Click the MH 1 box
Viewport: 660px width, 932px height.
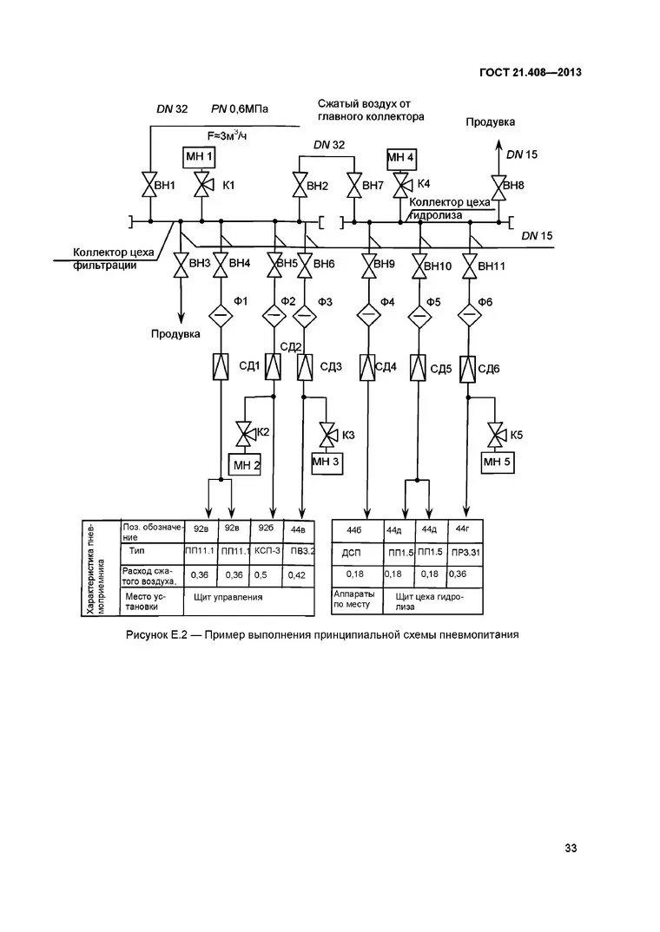(199, 158)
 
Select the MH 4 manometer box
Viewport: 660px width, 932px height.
(401, 159)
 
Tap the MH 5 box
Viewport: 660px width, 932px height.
(497, 462)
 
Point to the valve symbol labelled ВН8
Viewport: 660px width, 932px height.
(498, 186)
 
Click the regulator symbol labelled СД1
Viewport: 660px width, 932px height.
(221, 367)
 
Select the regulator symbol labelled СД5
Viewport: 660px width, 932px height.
(419, 367)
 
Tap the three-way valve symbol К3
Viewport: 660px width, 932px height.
(327, 435)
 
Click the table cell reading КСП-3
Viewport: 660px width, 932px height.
(267, 551)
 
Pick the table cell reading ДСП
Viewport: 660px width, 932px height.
(352, 553)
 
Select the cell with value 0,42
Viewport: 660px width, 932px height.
(297, 574)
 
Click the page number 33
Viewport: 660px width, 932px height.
(571, 848)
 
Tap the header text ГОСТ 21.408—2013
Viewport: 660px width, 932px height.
(531, 73)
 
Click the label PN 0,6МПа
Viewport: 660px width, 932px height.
(240, 108)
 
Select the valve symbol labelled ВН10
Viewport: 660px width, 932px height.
(419, 265)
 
